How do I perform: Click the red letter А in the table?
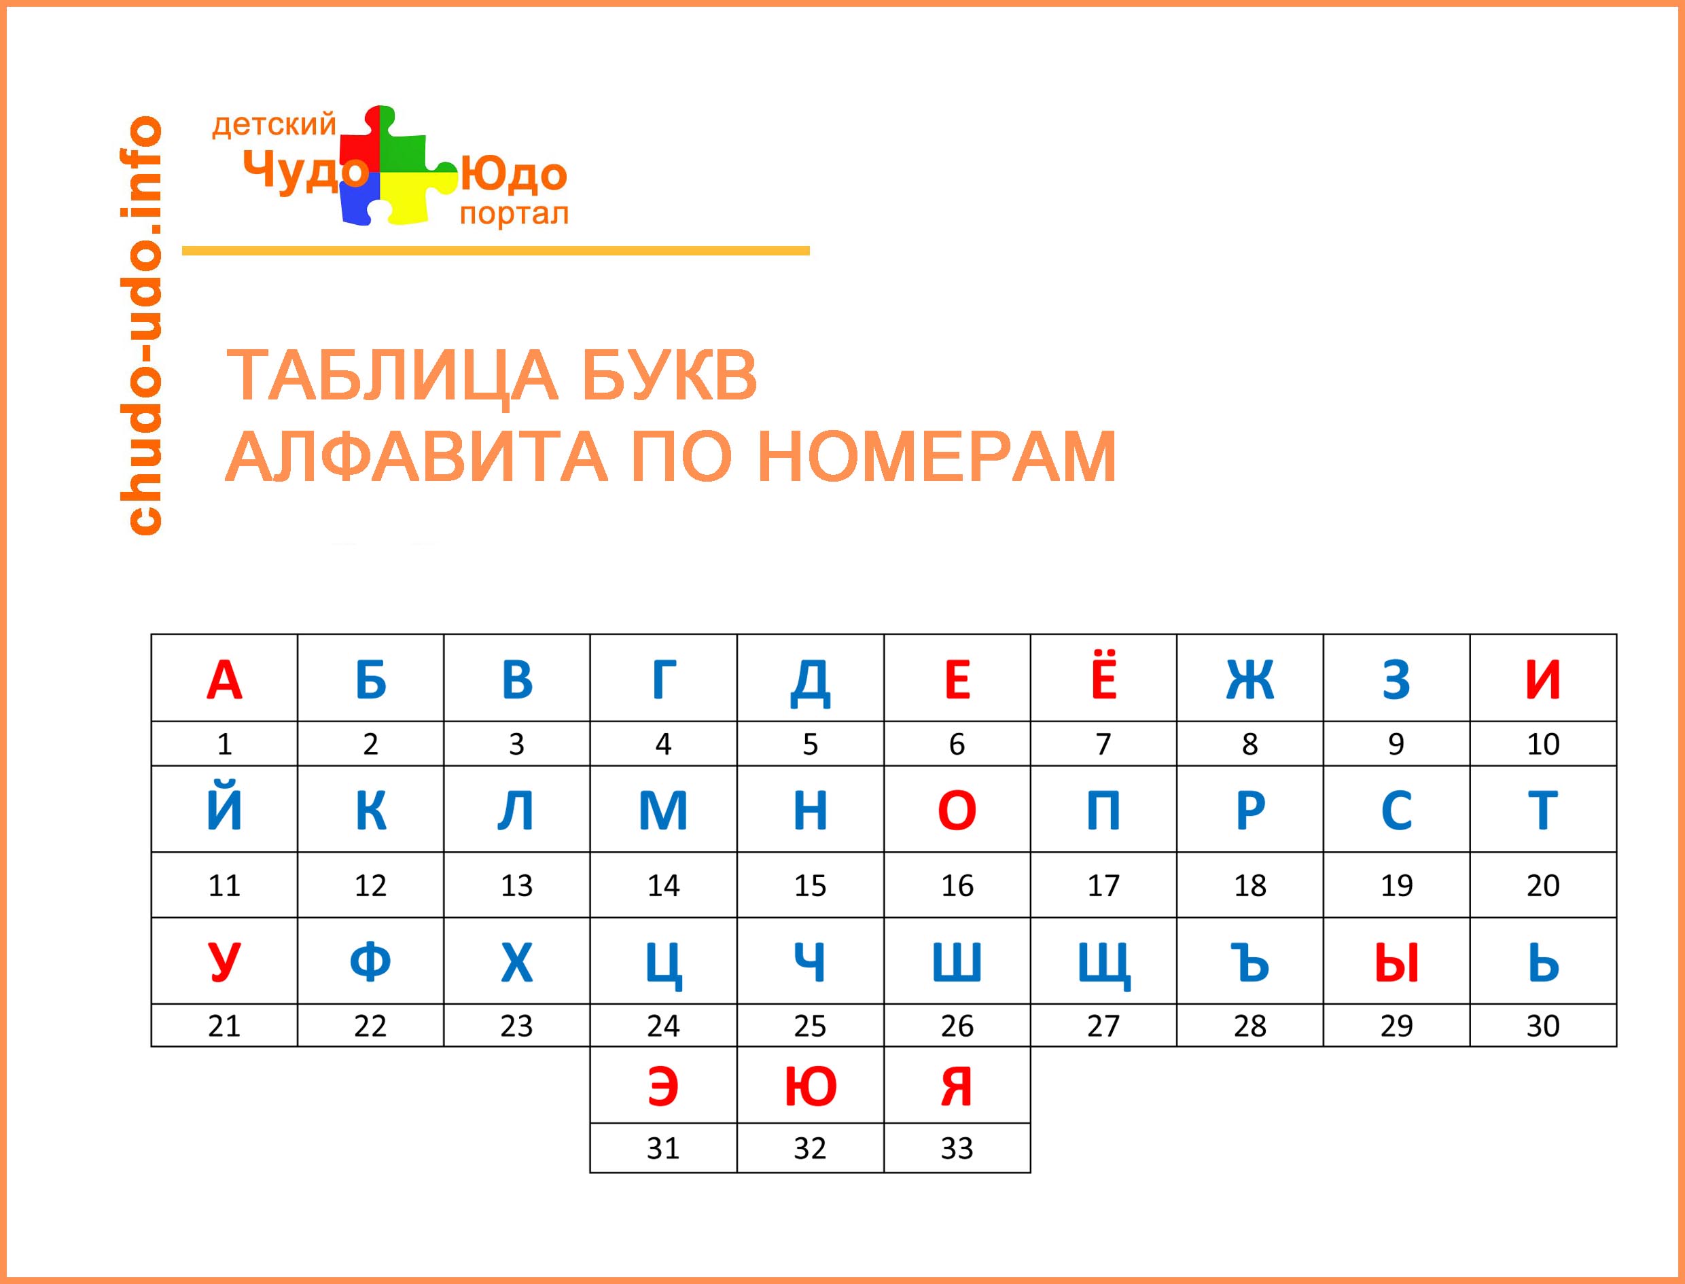click(224, 679)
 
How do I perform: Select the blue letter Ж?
click(1249, 679)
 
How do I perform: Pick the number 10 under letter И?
click(1543, 744)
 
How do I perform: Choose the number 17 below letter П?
click(1103, 885)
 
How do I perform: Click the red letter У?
click(224, 962)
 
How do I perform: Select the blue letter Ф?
click(370, 962)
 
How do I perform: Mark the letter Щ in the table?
click(1103, 965)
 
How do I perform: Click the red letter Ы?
click(1396, 962)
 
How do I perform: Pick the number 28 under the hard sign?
click(1249, 1026)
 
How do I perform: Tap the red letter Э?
click(662, 1087)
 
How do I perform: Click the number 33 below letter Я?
click(957, 1148)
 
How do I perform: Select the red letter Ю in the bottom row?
click(810, 1087)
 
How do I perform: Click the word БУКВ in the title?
click(669, 375)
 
